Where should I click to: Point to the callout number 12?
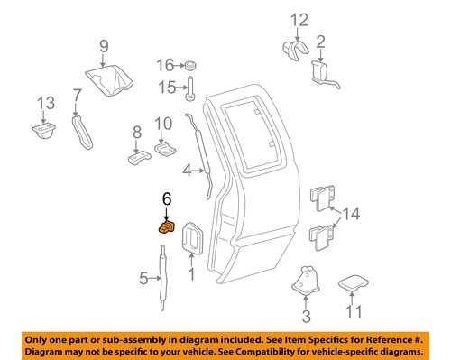click(299, 20)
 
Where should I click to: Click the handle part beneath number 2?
click(326, 74)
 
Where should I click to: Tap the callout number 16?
click(164, 65)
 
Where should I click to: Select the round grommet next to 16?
click(190, 65)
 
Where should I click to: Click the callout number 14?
click(352, 215)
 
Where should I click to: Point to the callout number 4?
click(186, 169)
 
